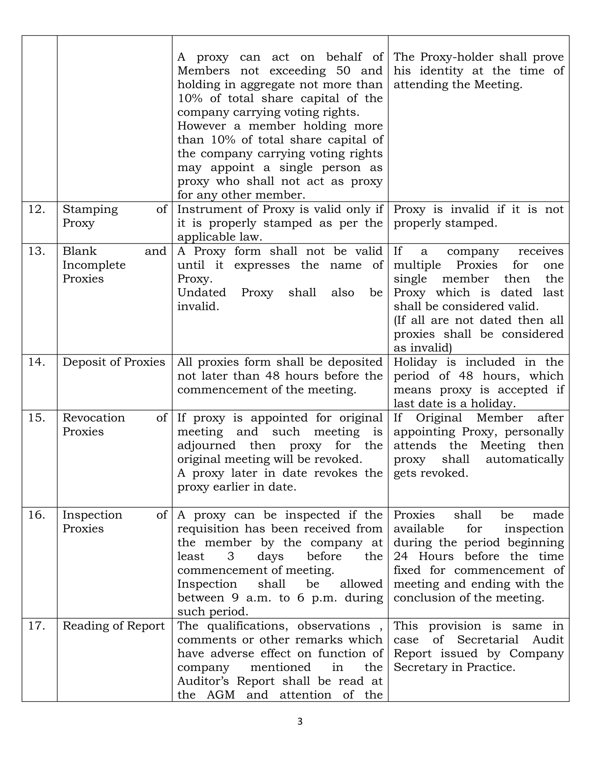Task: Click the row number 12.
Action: click(37, 209)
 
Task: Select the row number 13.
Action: click(37, 251)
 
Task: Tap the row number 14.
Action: click(37, 362)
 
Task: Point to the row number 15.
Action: click(37, 418)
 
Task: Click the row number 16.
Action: click(37, 515)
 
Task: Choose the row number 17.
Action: click(37, 626)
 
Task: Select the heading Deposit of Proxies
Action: click(114, 362)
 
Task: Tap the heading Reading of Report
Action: click(114, 626)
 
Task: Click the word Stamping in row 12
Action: click(90, 209)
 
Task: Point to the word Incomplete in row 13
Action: click(94, 265)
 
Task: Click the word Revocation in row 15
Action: click(94, 418)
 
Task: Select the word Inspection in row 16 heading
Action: click(92, 515)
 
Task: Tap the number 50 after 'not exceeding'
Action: click(343, 71)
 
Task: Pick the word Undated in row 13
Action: click(202, 293)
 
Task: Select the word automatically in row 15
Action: click(525, 459)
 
